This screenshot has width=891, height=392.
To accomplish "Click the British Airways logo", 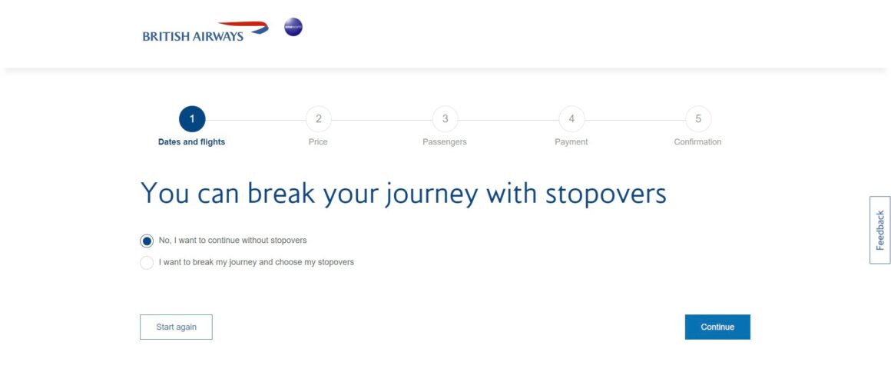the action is point(205,32).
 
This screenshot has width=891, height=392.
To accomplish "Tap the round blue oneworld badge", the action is point(293,28).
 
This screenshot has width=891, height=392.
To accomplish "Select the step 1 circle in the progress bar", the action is point(192,119).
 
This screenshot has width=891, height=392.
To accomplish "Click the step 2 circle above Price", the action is point(318,119).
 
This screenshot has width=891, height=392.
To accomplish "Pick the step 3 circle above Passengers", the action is point(445,119).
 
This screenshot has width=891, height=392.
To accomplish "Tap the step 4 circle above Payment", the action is point(571,119).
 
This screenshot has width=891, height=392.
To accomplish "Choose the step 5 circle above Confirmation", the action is point(698,119).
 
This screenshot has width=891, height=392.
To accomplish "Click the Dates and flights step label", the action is point(191,142).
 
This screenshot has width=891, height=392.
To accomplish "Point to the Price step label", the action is point(318,142).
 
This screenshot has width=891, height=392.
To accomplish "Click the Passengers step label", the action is point(445,142).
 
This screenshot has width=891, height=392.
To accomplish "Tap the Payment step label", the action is point(571,142).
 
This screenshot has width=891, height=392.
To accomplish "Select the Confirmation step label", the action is point(697,142).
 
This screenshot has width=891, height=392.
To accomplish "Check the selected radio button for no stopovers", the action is point(147,241).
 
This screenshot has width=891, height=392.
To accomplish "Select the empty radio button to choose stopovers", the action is point(147,263).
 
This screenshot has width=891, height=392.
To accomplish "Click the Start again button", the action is point(176,327).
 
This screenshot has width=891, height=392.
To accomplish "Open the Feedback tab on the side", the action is point(879,230).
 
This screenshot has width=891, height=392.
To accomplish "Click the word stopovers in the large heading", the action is point(606,194).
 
